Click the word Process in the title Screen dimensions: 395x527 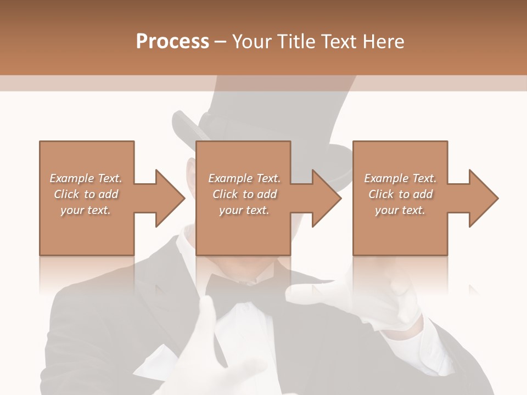tap(172, 41)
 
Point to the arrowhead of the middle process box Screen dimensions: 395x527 tap(326, 198)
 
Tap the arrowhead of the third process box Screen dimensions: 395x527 tap(483, 198)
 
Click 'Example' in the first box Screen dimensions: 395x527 tap(72, 178)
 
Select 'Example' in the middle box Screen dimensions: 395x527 tap(230, 178)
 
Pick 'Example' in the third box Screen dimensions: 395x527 tap(386, 178)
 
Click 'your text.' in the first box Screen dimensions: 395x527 tap(86, 210)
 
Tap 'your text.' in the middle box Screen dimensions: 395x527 tap(244, 210)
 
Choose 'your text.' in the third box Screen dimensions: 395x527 tap(400, 210)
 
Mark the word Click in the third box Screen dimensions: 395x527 tap(381, 194)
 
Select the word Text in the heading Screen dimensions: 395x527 tap(337, 41)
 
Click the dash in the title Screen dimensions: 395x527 tap(220, 42)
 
